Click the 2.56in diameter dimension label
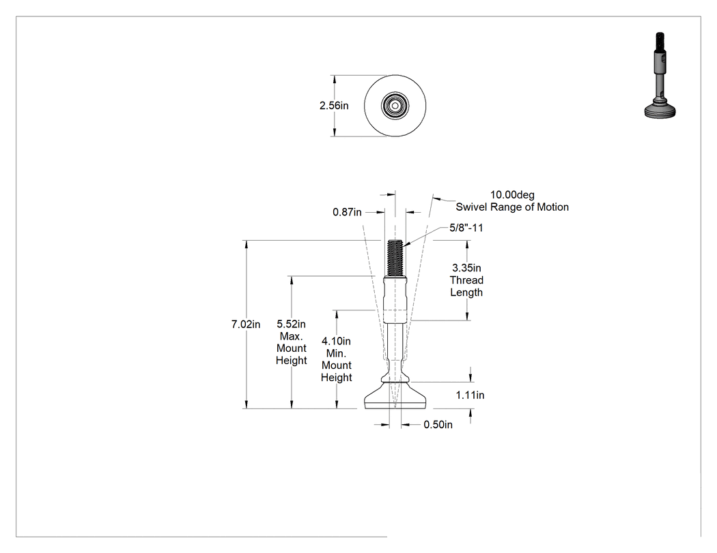tap(334, 106)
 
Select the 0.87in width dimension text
tap(347, 212)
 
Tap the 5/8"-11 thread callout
tap(466, 228)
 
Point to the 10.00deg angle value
tap(512, 195)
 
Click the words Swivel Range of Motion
tap(512, 207)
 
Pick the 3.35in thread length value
tap(466, 268)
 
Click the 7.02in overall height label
tap(246, 325)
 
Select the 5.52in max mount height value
tap(292, 324)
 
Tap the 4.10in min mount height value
tap(336, 341)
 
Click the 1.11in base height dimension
tap(470, 395)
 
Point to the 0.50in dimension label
tap(438, 425)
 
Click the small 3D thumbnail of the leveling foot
tap(660, 75)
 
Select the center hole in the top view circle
tap(395, 106)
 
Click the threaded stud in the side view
tap(395, 258)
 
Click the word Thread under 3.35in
tap(466, 280)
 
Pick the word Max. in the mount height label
tap(292, 337)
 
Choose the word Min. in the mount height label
tap(336, 353)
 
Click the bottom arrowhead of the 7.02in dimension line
tap(247, 404)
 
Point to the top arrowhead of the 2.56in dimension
tap(335, 80)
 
